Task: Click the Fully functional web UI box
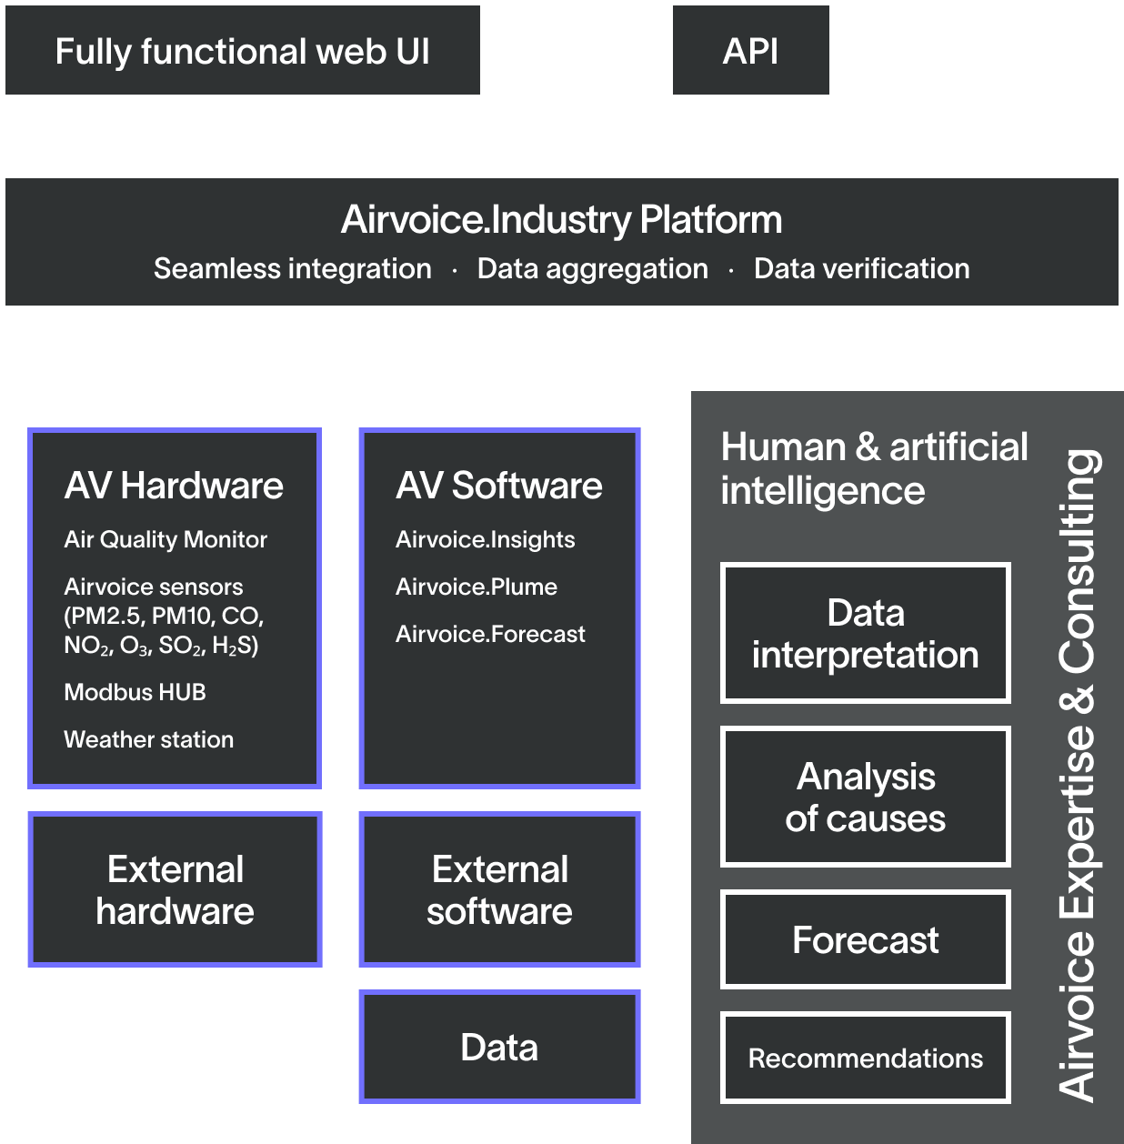[x=242, y=51]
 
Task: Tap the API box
[x=750, y=51]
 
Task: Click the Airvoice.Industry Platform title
[x=561, y=220]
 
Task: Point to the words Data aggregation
[x=592, y=269]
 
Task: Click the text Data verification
[x=861, y=269]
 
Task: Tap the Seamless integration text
[x=292, y=269]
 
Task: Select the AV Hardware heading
[x=174, y=486]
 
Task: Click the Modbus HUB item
[x=135, y=692]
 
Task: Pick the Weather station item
[x=148, y=739]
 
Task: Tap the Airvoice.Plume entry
[x=476, y=587]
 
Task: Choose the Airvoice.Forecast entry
[x=490, y=634]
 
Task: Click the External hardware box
[x=175, y=889]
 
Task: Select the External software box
[x=499, y=889]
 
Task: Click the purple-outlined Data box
[x=499, y=1047]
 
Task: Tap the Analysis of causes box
[x=865, y=797]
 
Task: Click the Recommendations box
[x=865, y=1058]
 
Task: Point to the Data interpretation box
[x=865, y=633]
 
